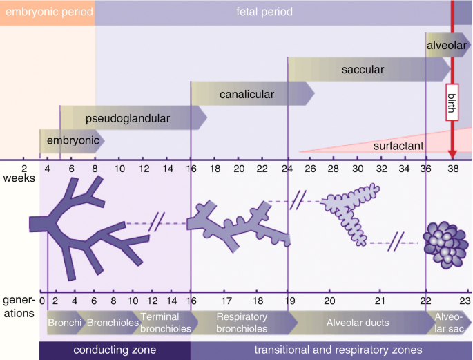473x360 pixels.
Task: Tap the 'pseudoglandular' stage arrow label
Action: click(128, 118)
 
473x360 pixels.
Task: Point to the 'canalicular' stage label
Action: click(247, 94)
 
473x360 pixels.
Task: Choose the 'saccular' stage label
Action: click(363, 70)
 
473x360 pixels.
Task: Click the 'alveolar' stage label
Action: click(447, 46)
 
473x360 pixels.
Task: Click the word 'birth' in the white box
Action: click(452, 101)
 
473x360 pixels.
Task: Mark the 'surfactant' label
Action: click(398, 146)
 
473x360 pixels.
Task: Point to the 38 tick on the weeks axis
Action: click(452, 168)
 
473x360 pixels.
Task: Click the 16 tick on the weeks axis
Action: click(191, 168)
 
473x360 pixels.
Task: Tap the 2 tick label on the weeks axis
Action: click(24, 168)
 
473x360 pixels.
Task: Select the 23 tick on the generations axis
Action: click(465, 301)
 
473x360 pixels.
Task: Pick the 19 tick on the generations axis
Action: click(289, 301)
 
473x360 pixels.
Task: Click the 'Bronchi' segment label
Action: click(64, 323)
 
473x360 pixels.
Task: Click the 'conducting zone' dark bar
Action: click(115, 350)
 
